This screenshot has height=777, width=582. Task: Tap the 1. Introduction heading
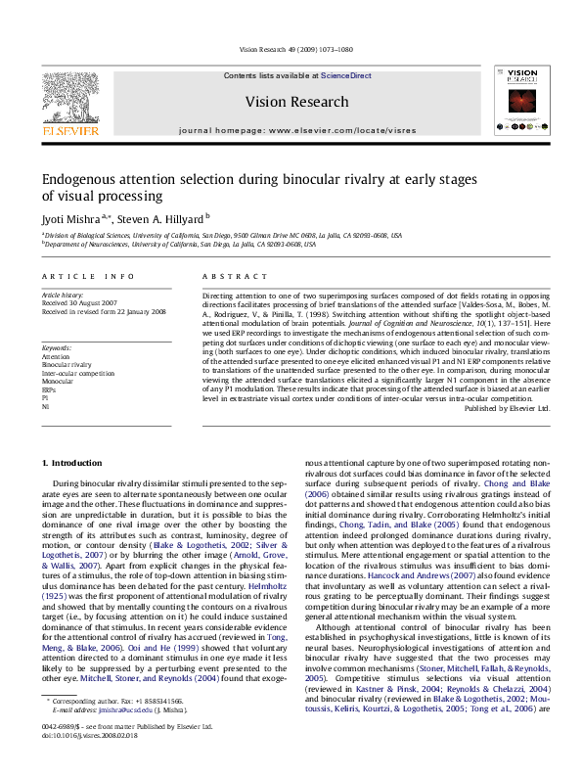[x=74, y=461]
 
